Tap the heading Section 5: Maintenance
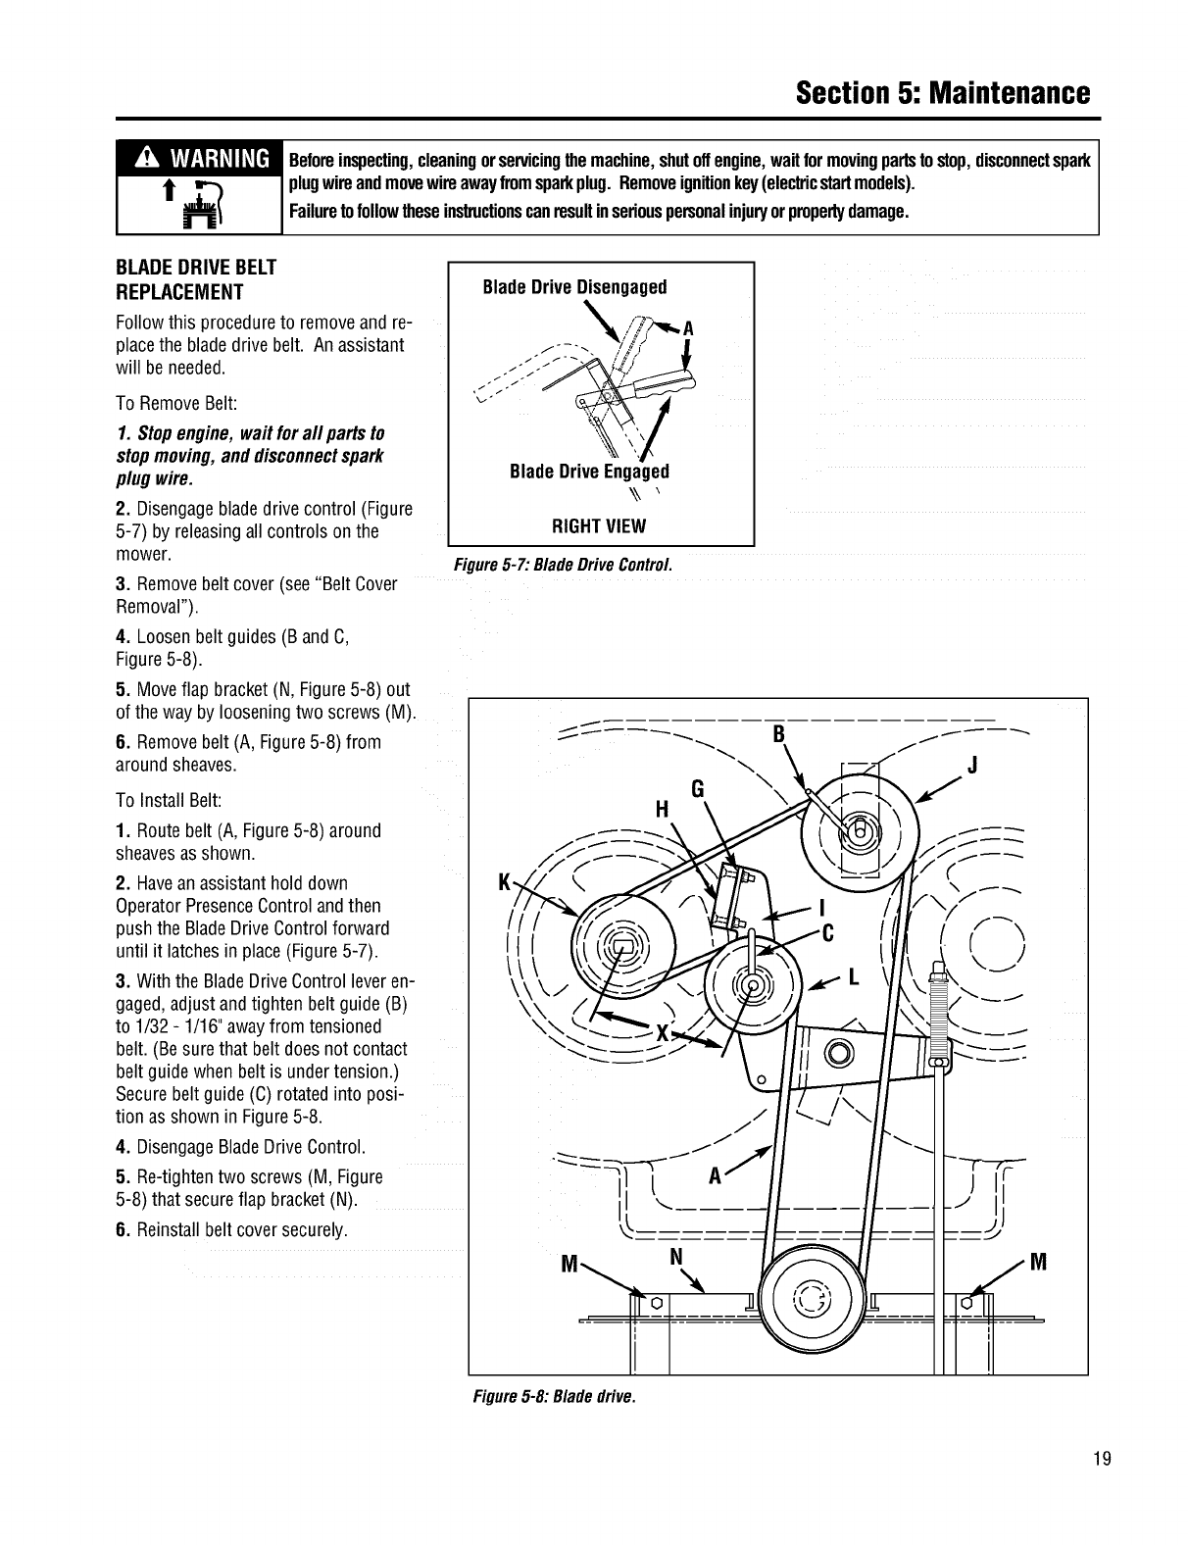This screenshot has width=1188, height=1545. tap(942, 93)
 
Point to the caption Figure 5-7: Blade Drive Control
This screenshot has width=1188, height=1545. tap(561, 566)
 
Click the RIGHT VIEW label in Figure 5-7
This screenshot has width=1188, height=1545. tap(599, 526)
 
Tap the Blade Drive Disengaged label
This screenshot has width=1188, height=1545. tap(575, 287)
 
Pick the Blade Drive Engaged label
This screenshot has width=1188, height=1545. tap(589, 472)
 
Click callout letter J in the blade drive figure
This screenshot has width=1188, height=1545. tap(973, 766)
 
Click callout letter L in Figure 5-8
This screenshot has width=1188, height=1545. tap(854, 976)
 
